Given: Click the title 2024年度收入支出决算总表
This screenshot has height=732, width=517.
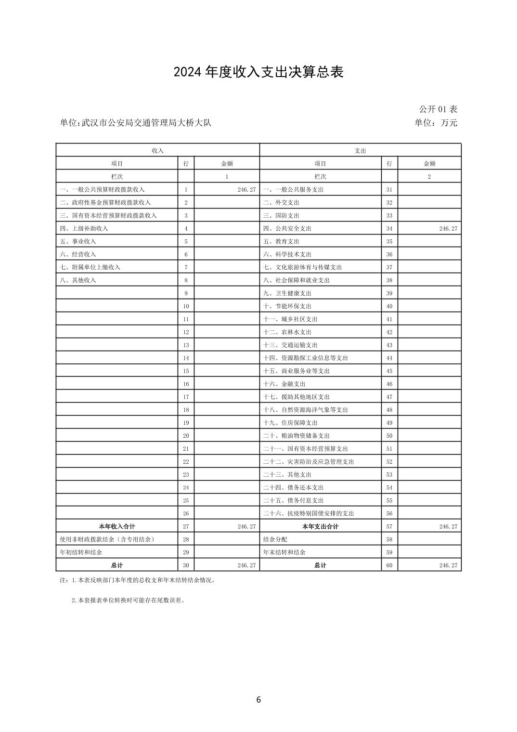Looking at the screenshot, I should point(258,72).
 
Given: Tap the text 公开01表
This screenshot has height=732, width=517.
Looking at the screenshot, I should point(438,109).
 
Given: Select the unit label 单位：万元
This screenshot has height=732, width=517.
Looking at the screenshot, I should point(436,123).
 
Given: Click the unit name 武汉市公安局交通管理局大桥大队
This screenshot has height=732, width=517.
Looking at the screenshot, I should point(146,123).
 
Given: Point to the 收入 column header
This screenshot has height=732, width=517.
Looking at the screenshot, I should point(158,151).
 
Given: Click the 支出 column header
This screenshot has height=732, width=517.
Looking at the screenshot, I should point(360,151).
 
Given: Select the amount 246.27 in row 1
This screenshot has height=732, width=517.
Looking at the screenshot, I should point(246,190).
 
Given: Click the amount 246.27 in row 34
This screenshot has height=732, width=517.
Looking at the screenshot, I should point(448,229).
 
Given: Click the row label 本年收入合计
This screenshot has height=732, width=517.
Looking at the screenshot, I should point(117,527).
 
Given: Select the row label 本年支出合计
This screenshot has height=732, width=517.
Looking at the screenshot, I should point(320,527).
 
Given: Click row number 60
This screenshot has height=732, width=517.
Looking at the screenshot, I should point(389,565).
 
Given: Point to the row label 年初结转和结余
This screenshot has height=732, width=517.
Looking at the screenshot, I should point(81,552).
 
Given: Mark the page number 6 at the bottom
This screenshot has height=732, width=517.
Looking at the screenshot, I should point(258,700).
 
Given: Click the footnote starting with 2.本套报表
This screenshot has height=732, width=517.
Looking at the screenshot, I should point(129,601).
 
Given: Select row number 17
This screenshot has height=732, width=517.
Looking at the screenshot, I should point(186,397).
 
